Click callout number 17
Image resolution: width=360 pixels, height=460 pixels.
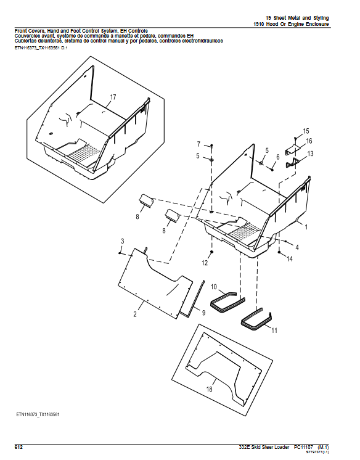tap(113, 97)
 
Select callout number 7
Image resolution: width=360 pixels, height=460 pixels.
tap(198, 144)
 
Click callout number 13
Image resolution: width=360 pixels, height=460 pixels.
tap(310, 154)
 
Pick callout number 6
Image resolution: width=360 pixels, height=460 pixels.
tap(278, 157)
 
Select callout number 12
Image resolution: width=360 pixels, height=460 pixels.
tap(205, 263)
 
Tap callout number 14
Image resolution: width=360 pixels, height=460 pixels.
tap(290, 260)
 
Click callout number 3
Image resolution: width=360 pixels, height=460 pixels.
tap(122, 240)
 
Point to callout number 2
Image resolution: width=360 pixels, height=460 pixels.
tap(134, 314)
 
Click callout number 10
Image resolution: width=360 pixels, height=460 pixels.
tap(214, 287)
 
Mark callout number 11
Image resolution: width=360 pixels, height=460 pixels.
tap(274, 331)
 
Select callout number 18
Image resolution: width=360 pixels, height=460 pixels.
tap(209, 390)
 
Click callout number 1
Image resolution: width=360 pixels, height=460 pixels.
tap(306, 227)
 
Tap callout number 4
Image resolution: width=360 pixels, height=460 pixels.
tap(297, 247)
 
